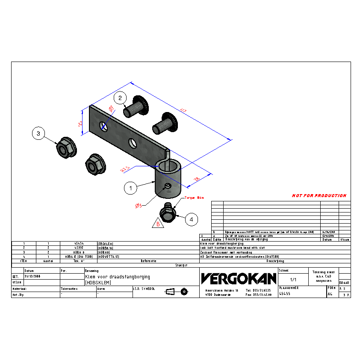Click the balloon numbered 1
pyautogui.click(x=131, y=187)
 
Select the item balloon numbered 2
pyautogui.click(x=121, y=98)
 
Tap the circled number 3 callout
pyautogui.click(x=38, y=134)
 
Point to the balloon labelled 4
pyautogui.click(x=192, y=220)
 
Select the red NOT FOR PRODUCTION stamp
pyautogui.click(x=319, y=196)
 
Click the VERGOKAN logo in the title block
pyautogui.click(x=239, y=279)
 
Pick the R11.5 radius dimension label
pyautogui.click(x=125, y=170)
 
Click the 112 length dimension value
pyautogui.click(x=183, y=111)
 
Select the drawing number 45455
pyautogui.click(x=284, y=294)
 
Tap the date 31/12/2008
pyautogui.click(x=32, y=277)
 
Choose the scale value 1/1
pyautogui.click(x=293, y=279)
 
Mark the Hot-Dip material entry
pyautogui.click(x=18, y=295)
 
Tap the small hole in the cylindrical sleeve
pyautogui.click(x=167, y=186)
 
